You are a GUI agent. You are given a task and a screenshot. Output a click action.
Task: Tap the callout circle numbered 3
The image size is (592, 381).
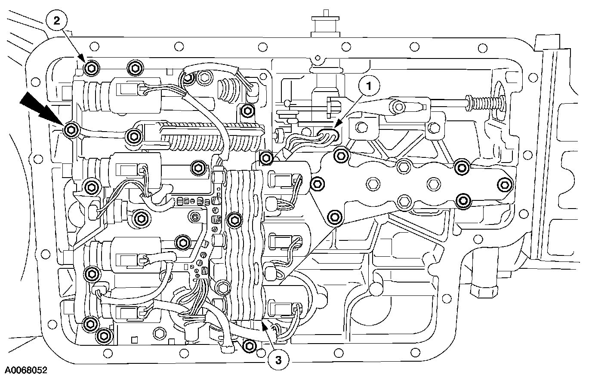[278, 360]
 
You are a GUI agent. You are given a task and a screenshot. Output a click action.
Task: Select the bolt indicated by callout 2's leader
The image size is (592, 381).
[91, 68]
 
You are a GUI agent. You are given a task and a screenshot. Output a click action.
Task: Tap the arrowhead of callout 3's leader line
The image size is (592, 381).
[264, 327]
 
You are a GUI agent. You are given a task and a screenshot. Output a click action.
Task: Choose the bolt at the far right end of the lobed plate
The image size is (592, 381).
[504, 185]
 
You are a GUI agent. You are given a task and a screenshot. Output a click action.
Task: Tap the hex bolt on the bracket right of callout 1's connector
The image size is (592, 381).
[361, 127]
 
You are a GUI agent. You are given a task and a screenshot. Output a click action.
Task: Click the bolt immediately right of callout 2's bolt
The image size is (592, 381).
[134, 68]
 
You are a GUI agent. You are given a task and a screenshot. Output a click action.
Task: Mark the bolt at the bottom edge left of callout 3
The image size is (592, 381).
[249, 344]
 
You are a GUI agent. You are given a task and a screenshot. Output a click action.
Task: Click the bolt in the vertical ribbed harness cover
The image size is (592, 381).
[234, 220]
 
